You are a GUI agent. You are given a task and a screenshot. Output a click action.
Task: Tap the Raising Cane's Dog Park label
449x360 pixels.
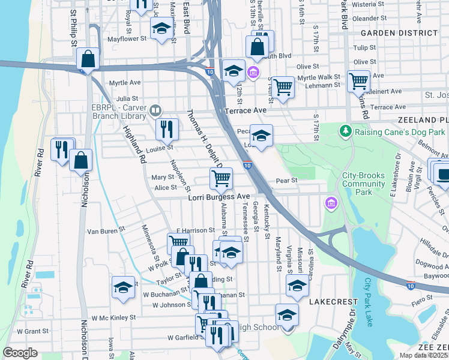coord(399,131)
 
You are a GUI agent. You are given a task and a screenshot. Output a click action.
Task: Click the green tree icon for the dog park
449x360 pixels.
coord(345,130)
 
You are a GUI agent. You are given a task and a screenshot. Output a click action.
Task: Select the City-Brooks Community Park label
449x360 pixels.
coord(363,184)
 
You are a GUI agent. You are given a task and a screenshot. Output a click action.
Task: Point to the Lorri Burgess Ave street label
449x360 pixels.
coord(218,197)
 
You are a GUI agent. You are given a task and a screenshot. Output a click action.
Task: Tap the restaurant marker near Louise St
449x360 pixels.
coord(166,128)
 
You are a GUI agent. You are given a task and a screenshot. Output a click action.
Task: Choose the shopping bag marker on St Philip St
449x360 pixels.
coord(88,59)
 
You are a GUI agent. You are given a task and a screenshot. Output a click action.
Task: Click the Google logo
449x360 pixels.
coord(20,353)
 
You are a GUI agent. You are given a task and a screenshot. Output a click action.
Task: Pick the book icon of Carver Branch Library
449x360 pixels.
coord(155,110)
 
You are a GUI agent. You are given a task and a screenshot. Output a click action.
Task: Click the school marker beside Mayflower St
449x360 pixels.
coord(161,29)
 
